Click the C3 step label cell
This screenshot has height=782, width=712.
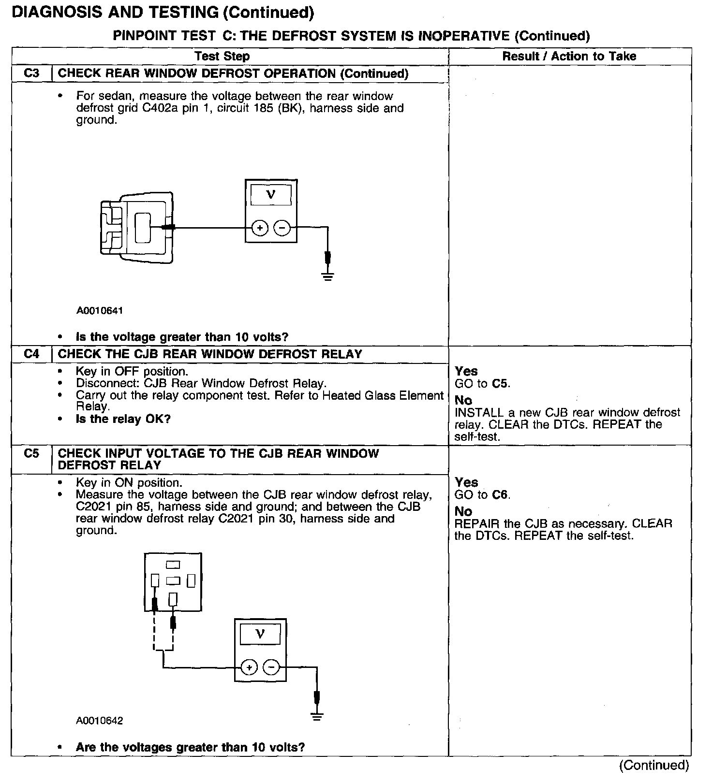click(x=31, y=73)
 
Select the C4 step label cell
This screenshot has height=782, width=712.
click(x=31, y=354)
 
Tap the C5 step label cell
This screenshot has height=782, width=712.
click(x=31, y=454)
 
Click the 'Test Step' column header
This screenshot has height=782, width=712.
click(x=222, y=57)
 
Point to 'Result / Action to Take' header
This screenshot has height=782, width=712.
click(x=569, y=57)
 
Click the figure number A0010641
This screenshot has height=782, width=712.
click(x=100, y=311)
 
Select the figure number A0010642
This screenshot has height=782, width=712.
click(x=100, y=721)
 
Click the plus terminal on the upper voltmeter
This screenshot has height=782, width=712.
click(x=260, y=228)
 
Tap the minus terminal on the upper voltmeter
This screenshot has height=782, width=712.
click(x=282, y=228)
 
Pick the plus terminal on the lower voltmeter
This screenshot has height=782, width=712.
click(x=249, y=668)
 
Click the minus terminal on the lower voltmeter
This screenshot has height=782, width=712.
click(x=271, y=668)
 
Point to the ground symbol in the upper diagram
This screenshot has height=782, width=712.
click(x=328, y=277)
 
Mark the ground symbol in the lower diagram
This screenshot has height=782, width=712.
click(x=317, y=717)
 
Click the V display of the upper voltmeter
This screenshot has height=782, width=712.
click(x=271, y=195)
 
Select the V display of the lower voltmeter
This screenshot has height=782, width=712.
click(x=260, y=634)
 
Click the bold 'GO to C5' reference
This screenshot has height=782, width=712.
click(x=482, y=384)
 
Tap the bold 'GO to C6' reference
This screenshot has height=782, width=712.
click(x=482, y=495)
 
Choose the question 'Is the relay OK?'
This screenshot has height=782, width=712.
click(x=123, y=419)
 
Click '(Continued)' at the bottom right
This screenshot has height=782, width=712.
click(x=653, y=766)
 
